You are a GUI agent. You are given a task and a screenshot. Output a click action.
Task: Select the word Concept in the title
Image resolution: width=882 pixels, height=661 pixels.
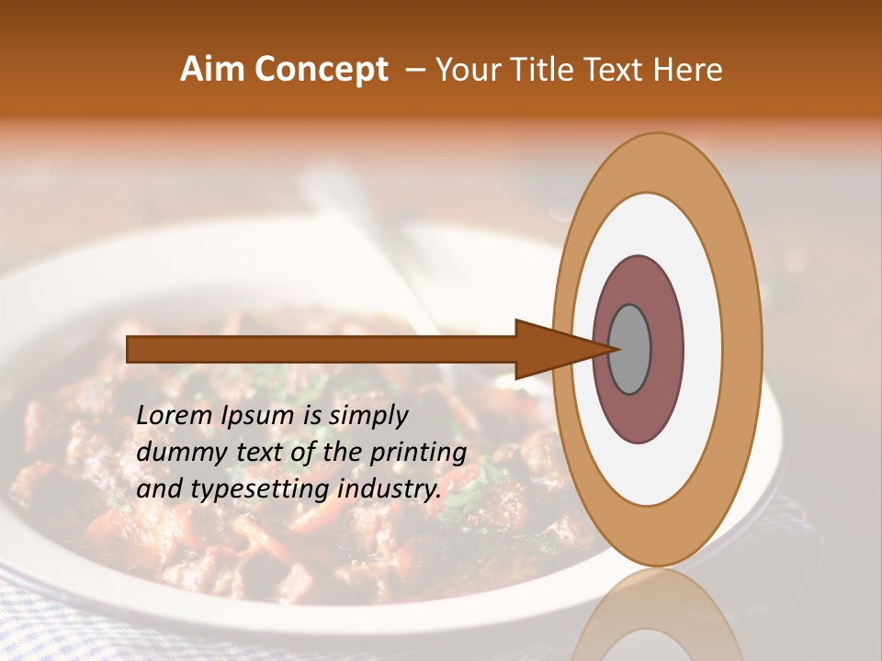coord(321,70)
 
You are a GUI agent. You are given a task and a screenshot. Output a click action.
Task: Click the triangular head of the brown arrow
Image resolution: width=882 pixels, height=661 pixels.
coord(551,349)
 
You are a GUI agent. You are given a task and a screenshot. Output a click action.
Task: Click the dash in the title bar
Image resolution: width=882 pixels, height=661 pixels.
coord(414,70)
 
